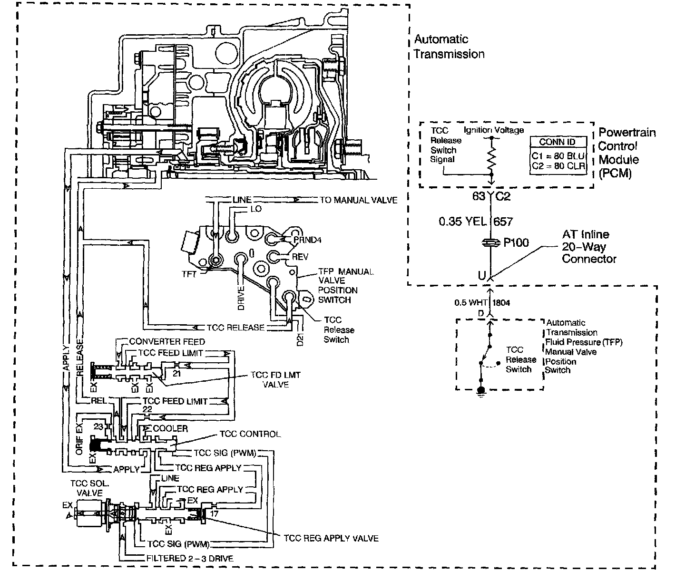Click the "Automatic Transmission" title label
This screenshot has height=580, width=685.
click(449, 47)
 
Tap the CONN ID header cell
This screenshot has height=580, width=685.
click(557, 142)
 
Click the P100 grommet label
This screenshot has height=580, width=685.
click(516, 242)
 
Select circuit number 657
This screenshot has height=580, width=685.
click(503, 222)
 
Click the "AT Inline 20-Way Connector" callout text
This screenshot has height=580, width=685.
click(588, 247)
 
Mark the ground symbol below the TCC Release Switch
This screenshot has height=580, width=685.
click(481, 391)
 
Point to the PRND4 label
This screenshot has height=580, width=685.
click(307, 240)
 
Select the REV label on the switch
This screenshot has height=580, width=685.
click(300, 257)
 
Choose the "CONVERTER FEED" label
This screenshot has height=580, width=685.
click(167, 341)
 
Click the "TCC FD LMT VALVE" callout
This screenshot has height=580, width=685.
click(275, 379)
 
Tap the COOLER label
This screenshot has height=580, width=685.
click(170, 428)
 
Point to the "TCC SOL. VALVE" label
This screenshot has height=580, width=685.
click(89, 488)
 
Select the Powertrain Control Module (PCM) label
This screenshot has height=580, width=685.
click(626, 153)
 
